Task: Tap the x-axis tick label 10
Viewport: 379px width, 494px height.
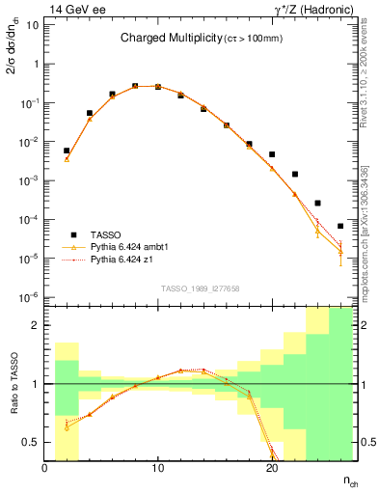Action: [x=157, y=468]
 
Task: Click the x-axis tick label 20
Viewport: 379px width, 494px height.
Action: [x=272, y=468]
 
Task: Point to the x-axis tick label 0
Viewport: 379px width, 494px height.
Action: [x=44, y=468]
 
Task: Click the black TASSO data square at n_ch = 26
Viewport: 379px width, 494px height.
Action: [x=340, y=226]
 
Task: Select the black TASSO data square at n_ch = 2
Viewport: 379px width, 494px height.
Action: [x=67, y=151]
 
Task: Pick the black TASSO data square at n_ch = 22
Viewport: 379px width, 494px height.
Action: [x=295, y=175]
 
